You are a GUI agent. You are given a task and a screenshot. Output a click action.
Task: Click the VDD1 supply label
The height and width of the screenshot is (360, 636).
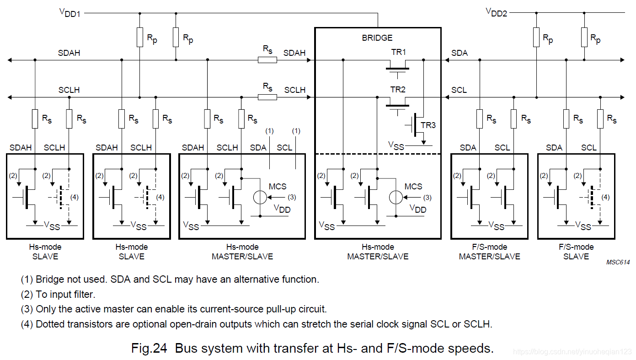click(69, 12)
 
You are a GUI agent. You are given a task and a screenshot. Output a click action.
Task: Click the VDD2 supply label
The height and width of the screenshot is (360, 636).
click(496, 12)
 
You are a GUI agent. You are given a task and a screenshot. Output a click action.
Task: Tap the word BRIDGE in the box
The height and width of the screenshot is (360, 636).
click(377, 38)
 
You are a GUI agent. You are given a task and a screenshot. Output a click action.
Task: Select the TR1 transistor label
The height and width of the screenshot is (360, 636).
click(398, 52)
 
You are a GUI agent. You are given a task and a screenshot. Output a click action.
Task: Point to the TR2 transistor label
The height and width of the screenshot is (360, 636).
click(398, 90)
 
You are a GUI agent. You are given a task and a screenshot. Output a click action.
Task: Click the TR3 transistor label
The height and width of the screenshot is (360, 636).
click(428, 125)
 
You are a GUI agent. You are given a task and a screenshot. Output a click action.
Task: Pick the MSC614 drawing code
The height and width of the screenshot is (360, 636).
click(618, 262)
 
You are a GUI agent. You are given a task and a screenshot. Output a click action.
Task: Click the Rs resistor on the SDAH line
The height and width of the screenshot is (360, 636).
click(267, 60)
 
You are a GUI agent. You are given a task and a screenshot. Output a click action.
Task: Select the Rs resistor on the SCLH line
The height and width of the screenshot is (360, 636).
click(267, 97)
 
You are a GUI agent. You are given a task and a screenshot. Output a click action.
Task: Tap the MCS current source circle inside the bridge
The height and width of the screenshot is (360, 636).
click(395, 197)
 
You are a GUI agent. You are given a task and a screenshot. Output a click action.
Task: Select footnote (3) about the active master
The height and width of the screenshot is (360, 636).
click(174, 309)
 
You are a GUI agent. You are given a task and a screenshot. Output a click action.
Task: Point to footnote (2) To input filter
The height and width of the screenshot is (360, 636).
click(58, 295)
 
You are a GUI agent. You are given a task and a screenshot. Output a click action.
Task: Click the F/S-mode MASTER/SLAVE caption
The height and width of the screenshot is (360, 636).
click(489, 252)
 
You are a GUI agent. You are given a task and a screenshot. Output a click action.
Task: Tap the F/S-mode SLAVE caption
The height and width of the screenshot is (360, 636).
click(576, 252)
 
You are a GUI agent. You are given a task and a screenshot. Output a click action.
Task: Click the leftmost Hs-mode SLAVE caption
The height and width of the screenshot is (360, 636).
click(45, 252)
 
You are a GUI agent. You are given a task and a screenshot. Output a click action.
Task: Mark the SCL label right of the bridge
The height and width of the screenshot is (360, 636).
click(459, 90)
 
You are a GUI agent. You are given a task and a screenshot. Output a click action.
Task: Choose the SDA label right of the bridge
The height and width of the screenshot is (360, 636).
click(460, 53)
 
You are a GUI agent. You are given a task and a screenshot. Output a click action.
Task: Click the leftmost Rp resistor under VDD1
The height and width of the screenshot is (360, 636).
click(140, 37)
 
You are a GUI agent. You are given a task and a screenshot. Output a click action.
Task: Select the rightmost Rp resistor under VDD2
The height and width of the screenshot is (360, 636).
click(584, 37)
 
